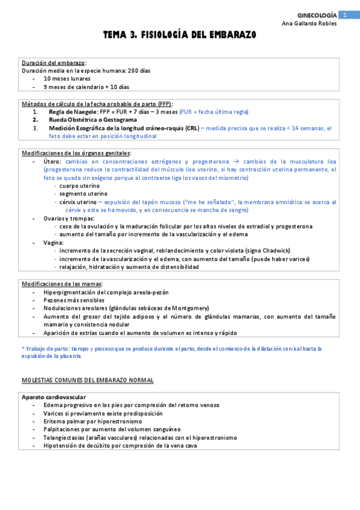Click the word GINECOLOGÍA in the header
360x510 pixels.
tap(317, 14)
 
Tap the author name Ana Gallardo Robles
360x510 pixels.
tap(309, 23)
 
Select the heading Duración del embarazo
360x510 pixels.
tap(53, 63)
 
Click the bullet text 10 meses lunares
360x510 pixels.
tap(67, 79)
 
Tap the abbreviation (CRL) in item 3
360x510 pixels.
tap(192, 128)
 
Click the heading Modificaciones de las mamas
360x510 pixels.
tap(62, 283)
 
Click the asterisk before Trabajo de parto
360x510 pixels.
tap(22, 348)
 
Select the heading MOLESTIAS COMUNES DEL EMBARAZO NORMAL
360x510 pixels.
tap(87, 380)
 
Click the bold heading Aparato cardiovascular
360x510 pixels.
tap(53, 397)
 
